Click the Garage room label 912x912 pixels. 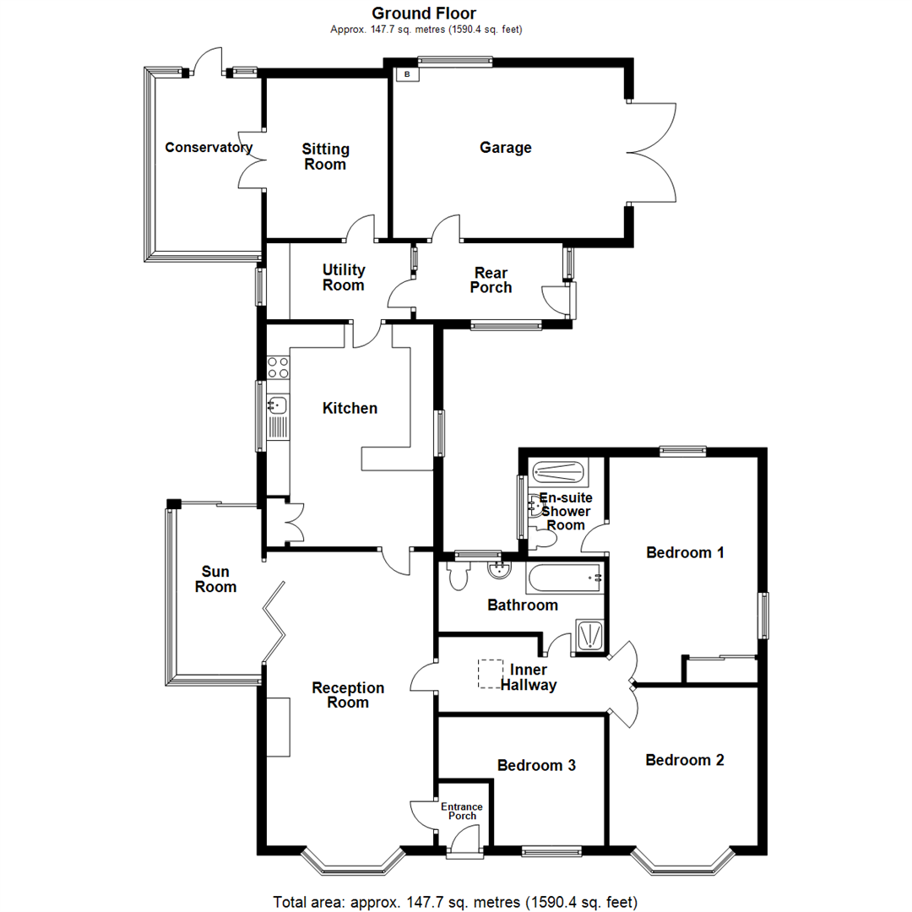pos(506,148)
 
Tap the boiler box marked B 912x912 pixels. pos(408,74)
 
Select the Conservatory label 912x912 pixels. pos(209,148)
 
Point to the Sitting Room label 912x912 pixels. pos(325,156)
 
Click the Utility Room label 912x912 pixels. pos(344,277)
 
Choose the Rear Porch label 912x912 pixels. pos(491,280)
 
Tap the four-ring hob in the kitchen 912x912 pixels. pos(278,367)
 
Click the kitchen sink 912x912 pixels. pos(278,406)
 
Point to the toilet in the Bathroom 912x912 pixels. pos(460,577)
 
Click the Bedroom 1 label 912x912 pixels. pos(685,553)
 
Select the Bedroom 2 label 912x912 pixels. pos(684,759)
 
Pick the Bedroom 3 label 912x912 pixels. pos(536,765)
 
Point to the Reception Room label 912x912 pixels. pos(348,695)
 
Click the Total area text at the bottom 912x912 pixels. pos(455,900)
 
